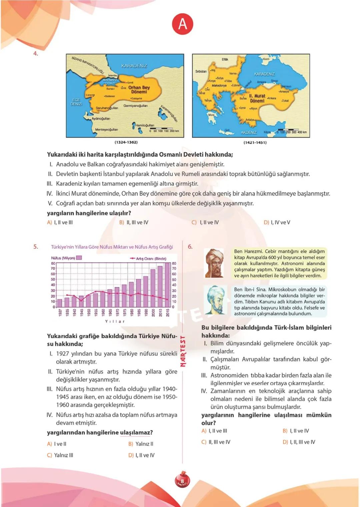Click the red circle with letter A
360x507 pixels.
click(x=183, y=24)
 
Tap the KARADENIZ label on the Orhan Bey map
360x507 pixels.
click(x=134, y=66)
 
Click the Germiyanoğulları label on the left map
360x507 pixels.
click(x=135, y=106)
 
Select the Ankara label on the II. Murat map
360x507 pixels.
click(x=271, y=98)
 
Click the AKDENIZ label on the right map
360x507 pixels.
click(x=249, y=133)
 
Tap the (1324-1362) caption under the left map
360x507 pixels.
click(x=126, y=142)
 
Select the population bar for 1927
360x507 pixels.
click(x=60, y=303)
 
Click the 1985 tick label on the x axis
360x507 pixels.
click(x=139, y=313)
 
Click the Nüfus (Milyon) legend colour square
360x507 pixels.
click(x=79, y=258)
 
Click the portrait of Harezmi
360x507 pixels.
click(x=214, y=263)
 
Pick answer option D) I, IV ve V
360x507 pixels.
click(x=277, y=222)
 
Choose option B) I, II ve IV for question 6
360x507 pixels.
click(x=296, y=431)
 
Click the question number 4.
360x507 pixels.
click(x=36, y=53)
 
